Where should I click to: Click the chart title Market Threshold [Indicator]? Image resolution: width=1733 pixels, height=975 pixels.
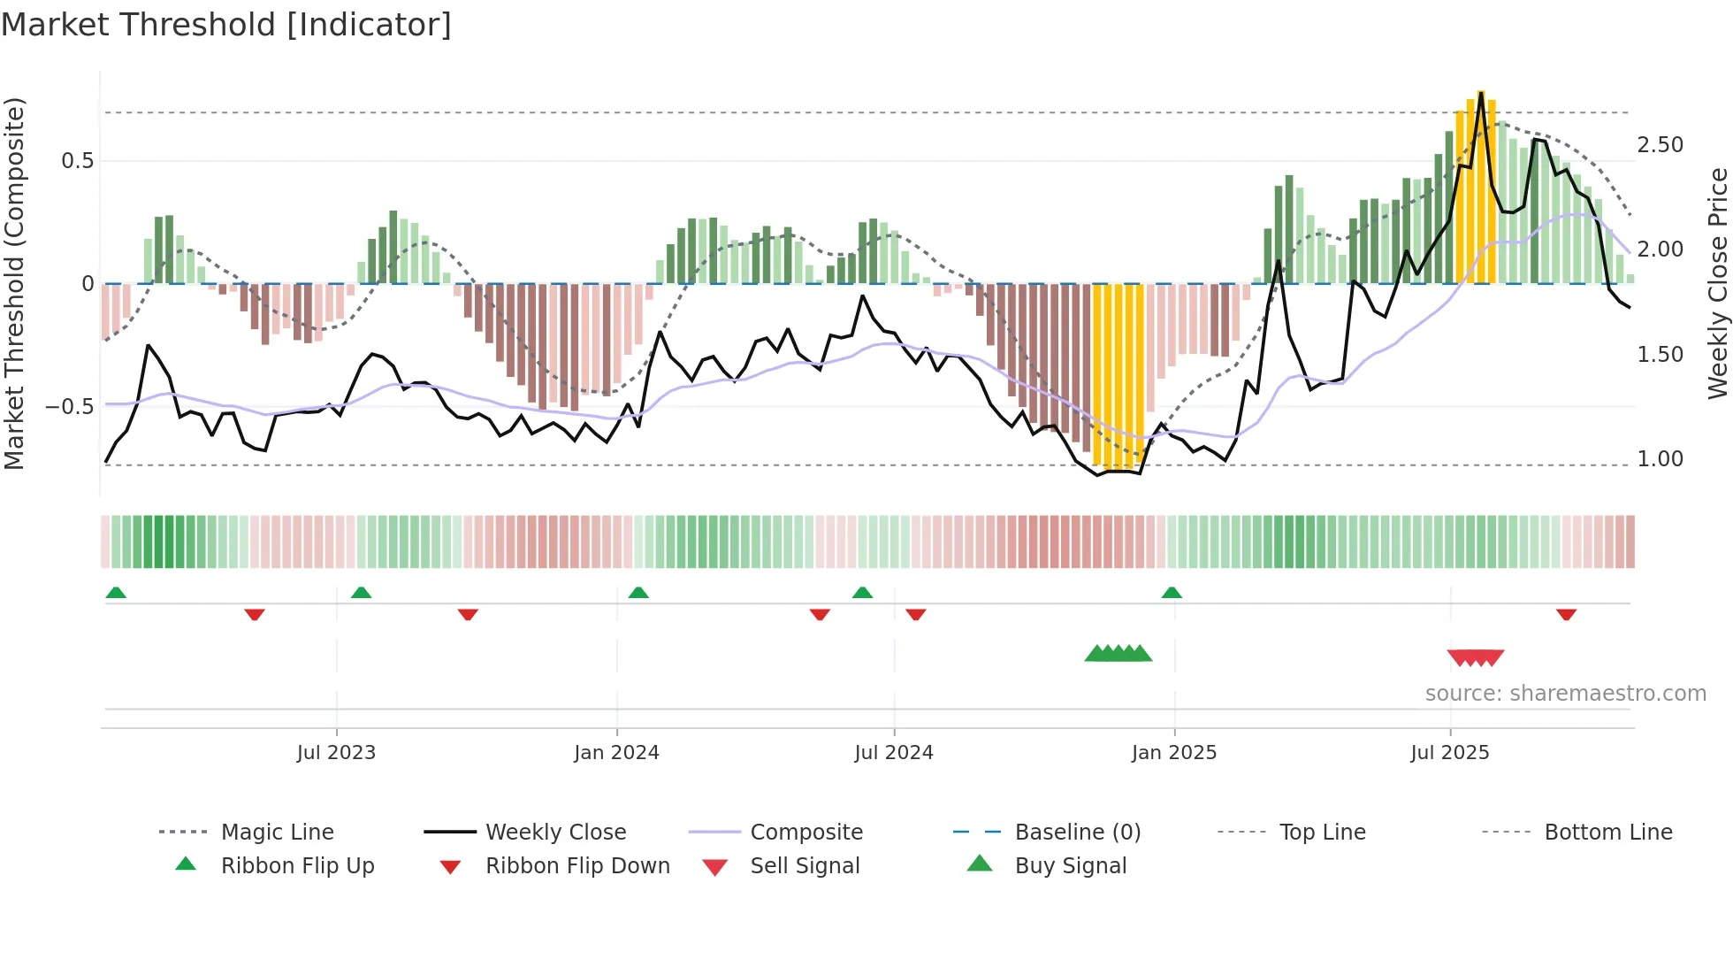tap(226, 25)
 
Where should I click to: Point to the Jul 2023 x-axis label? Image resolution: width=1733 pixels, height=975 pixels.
tap(336, 753)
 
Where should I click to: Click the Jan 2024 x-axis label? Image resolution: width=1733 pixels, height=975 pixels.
tap(616, 753)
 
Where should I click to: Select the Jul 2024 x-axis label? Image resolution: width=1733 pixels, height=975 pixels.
tap(894, 753)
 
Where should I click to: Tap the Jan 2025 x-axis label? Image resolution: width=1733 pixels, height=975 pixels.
tap(1174, 753)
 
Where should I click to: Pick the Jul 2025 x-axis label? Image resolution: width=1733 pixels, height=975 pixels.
tap(1450, 753)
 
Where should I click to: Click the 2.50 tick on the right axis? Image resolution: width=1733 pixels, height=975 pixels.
tap(1660, 145)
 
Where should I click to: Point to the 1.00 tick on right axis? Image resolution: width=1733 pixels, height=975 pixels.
tap(1660, 459)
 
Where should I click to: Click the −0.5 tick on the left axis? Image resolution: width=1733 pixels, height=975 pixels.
tap(70, 407)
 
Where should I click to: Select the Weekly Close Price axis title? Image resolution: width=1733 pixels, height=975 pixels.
tap(1717, 283)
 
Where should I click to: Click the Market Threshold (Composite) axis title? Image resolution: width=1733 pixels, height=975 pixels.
tap(14, 283)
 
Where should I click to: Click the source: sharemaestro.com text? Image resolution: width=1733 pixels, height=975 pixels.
tap(1565, 694)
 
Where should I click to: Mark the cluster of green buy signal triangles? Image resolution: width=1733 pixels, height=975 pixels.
tap(1118, 654)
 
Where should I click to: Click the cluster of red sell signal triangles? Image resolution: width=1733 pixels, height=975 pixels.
tap(1476, 657)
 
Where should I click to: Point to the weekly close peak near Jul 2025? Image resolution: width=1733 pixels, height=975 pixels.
tap(1481, 93)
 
